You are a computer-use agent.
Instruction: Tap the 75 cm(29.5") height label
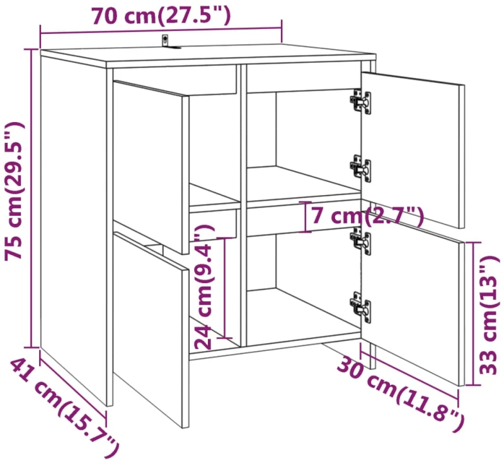coord(13,190)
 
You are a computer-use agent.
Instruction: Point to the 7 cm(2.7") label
coord(364,215)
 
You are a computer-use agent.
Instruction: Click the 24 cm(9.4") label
coord(204,287)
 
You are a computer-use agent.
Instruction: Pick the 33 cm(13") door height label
coord(490,315)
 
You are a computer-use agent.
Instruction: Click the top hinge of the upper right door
coord(360,101)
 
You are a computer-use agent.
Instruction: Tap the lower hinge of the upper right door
coord(360,169)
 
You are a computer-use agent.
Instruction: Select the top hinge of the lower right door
coord(360,241)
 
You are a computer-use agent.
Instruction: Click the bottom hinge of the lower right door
coord(360,306)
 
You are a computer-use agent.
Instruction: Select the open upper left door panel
coord(151,167)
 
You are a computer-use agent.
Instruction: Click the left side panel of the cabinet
coord(76,228)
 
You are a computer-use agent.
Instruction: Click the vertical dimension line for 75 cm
coord(31,198)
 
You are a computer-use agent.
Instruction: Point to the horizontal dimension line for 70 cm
coord(161,31)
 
